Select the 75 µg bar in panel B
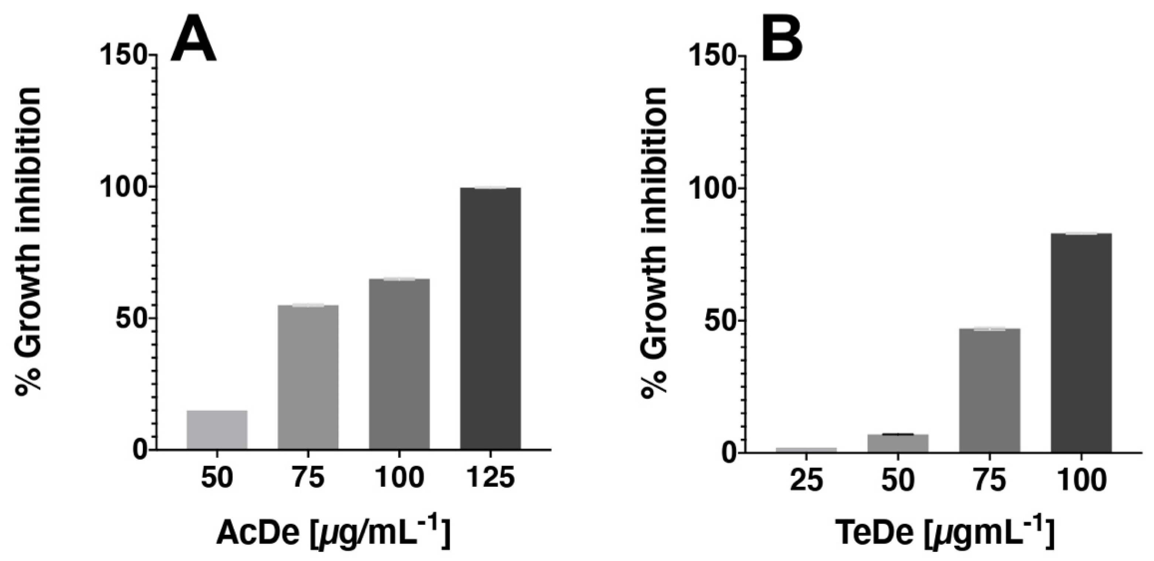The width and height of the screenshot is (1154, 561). [990, 390]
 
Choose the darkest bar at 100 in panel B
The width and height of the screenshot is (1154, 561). [1081, 342]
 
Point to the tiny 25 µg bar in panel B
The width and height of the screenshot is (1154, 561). [806, 449]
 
